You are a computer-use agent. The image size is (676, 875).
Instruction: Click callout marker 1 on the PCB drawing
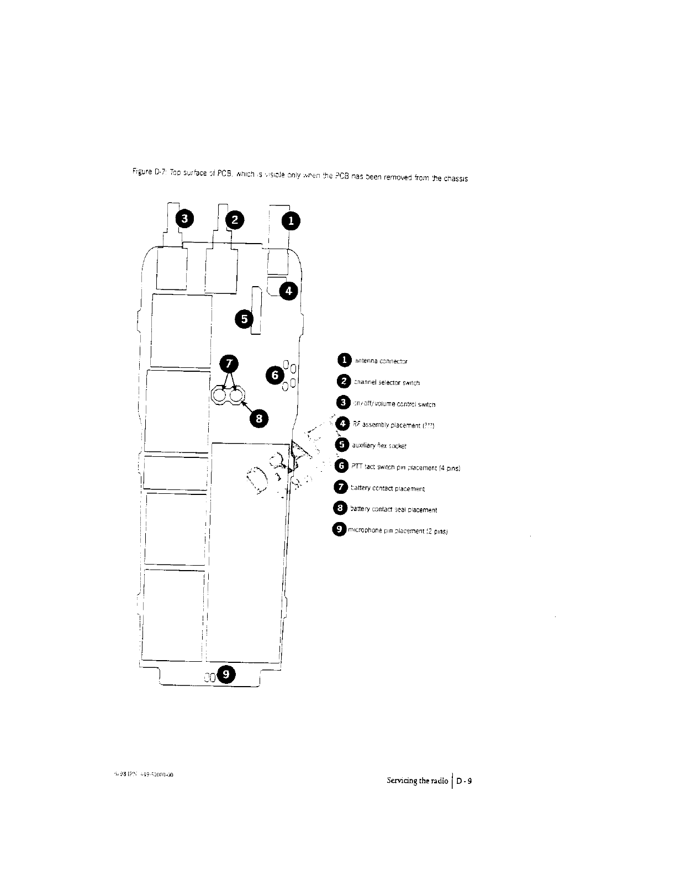pos(291,221)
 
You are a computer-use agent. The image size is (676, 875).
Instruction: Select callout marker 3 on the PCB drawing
pos(185,218)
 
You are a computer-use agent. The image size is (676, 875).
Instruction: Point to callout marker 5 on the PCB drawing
pos(244,319)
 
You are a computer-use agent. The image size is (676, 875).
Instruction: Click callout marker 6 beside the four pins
pos(274,375)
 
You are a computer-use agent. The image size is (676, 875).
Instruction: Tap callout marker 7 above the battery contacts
pos(229,364)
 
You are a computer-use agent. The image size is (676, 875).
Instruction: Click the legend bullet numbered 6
pos(342,466)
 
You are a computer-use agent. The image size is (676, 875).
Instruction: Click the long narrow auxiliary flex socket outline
pos(256,310)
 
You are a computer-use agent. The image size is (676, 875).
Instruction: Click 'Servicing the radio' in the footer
pos(418,781)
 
